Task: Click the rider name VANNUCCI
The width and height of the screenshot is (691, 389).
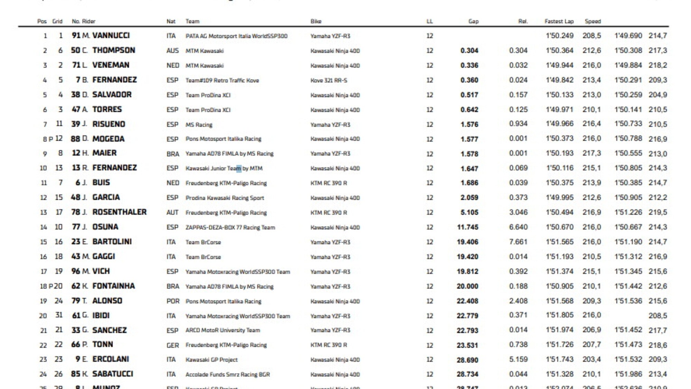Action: click(111, 36)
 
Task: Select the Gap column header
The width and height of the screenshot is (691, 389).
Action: click(473, 21)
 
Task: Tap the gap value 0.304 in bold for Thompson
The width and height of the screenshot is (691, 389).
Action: click(469, 50)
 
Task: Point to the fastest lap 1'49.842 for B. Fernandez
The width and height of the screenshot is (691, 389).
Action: click(559, 80)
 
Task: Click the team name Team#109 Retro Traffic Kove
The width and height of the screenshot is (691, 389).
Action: click(222, 80)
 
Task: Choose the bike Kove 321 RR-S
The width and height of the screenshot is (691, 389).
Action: click(329, 80)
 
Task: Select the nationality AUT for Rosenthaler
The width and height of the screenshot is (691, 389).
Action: click(172, 212)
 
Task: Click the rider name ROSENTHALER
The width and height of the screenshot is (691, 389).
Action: click(119, 212)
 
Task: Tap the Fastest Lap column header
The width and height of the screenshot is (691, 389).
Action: click(559, 21)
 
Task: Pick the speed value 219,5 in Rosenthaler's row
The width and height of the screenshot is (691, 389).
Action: click(657, 212)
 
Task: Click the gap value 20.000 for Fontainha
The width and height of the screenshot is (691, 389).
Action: click(467, 286)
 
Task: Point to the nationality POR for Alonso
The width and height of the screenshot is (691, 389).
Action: click(173, 301)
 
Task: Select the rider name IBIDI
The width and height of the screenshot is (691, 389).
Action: click(101, 315)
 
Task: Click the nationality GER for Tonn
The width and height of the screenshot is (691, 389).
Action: click(172, 345)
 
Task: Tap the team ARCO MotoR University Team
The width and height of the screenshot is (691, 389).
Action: click(223, 330)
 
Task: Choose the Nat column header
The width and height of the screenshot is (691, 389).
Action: click(171, 21)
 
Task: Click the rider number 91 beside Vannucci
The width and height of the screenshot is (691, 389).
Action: click(76, 36)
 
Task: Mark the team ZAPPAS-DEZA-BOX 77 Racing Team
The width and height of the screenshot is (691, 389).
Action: click(230, 227)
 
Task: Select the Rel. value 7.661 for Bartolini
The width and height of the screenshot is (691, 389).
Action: click(518, 242)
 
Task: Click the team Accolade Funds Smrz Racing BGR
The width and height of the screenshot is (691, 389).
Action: click(227, 374)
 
